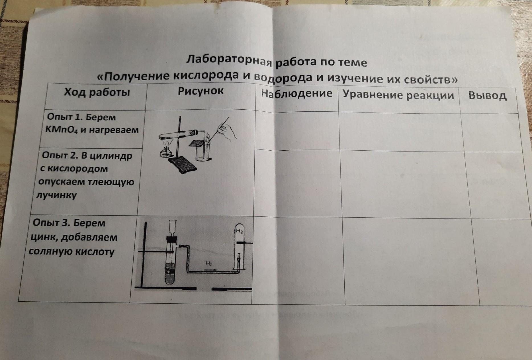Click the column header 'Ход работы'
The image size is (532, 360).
[97, 92]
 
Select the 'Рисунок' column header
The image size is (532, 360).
[201, 91]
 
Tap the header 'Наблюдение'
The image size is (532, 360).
[297, 93]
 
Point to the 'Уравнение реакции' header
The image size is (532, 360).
[398, 95]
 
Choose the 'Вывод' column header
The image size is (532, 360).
[488, 96]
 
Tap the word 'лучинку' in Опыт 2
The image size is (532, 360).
[57, 195]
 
